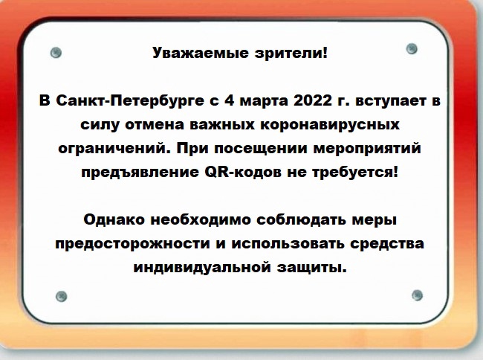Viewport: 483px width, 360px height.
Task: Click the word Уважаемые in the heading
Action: pos(201,54)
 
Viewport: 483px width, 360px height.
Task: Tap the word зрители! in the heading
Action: pos(291,54)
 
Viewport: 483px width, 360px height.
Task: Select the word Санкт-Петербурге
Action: pos(130,101)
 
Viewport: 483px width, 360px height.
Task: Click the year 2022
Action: pos(313,100)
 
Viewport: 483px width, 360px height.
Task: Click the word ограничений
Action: pos(114,149)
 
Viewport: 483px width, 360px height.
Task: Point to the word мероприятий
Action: pos(367,149)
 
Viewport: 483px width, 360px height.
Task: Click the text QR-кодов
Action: pos(243,172)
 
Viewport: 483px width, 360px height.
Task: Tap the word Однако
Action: pos(114,219)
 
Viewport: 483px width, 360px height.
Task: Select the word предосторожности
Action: pos(132,244)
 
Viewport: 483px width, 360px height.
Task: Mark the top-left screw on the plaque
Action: pos(56,53)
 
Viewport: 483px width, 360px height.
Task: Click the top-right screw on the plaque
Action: pos(412,48)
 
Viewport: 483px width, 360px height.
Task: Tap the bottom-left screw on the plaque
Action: pos(62,296)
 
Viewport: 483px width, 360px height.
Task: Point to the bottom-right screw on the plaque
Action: pos(417,295)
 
